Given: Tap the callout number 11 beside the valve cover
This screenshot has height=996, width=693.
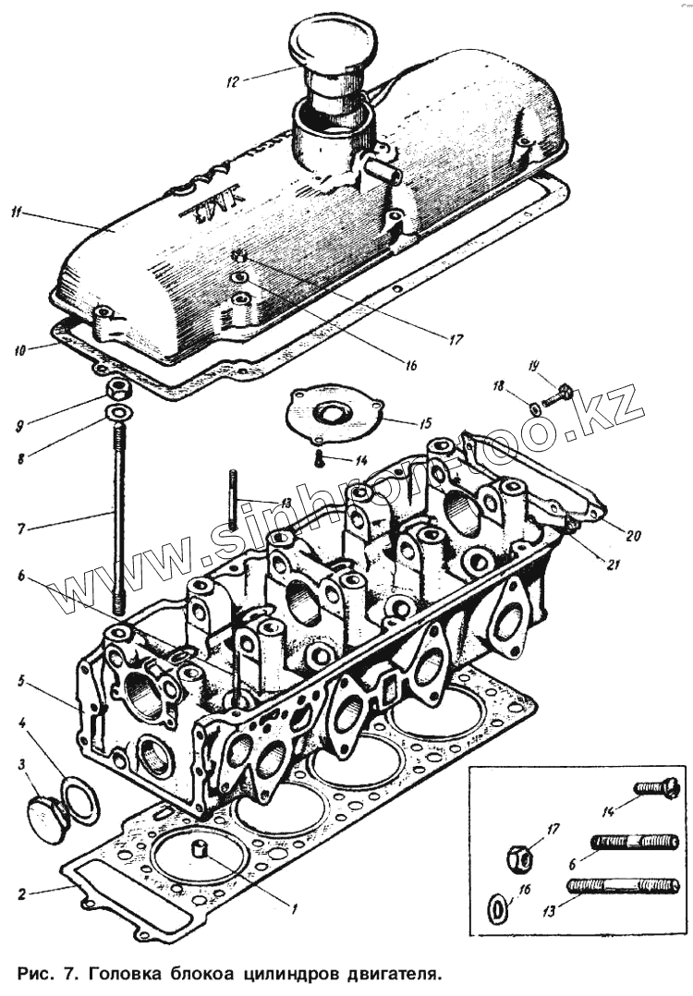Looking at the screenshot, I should point(17,214).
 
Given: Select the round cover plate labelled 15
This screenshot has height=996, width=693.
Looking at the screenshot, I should point(332,414).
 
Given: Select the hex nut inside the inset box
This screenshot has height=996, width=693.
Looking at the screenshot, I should point(521,857).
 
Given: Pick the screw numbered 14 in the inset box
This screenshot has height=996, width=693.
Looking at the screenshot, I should point(657,788).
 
